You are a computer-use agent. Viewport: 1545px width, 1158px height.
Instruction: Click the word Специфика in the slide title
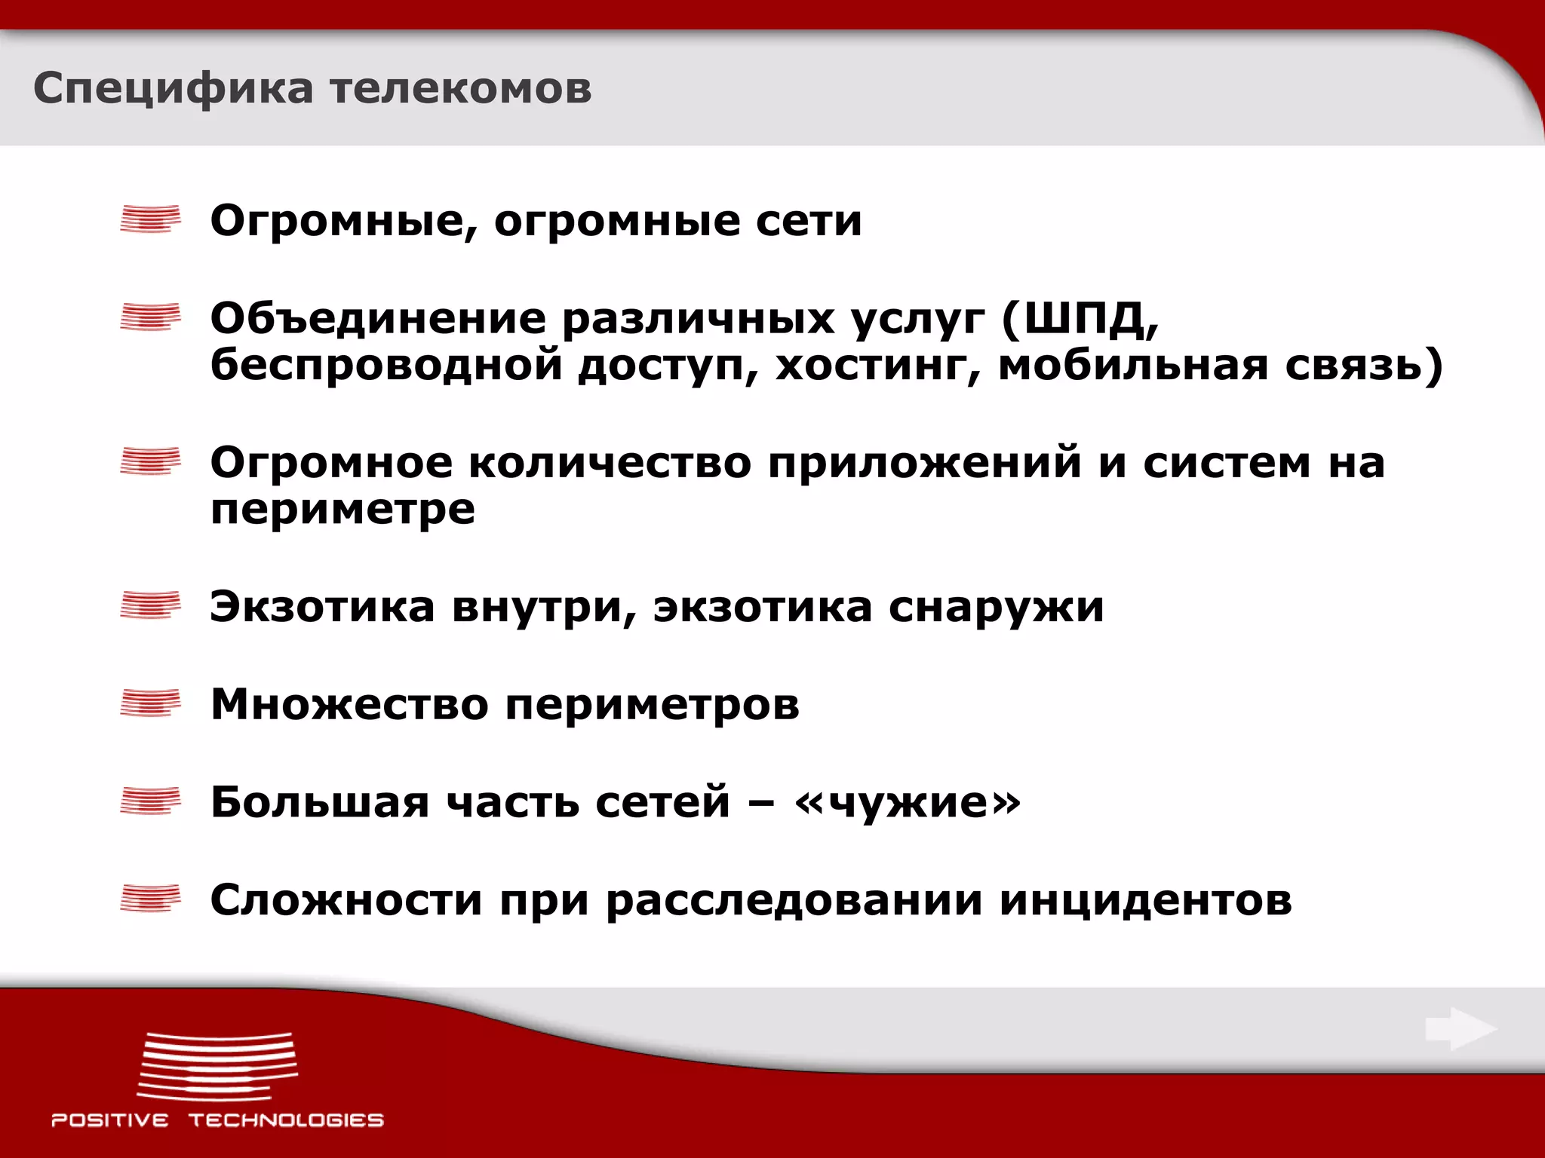tap(173, 89)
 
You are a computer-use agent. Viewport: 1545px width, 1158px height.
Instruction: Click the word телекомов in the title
tap(460, 89)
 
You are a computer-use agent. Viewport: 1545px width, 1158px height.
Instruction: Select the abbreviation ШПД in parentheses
tap(1080, 318)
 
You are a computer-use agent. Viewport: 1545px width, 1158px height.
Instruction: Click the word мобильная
tap(1132, 365)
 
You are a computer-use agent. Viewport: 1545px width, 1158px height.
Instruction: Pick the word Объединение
tap(378, 318)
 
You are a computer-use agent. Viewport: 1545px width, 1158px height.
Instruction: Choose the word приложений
tap(925, 462)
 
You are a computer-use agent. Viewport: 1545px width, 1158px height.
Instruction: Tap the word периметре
tap(342, 510)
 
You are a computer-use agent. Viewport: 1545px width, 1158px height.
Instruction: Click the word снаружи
tap(996, 607)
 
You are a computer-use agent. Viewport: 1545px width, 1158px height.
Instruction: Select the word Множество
tap(349, 704)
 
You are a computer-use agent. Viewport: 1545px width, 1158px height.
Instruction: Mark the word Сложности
tap(346, 899)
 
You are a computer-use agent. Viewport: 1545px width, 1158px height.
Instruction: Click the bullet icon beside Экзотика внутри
tap(151, 605)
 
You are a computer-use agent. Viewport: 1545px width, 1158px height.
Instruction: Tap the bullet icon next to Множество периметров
tap(151, 703)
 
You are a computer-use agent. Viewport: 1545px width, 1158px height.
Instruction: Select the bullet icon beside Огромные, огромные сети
tap(151, 219)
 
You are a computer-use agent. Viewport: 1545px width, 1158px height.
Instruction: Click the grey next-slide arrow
tap(1461, 1028)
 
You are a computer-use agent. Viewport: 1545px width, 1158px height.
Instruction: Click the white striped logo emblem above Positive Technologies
tap(218, 1066)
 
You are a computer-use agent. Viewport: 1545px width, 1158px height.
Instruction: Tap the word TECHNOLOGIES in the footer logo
tap(286, 1120)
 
